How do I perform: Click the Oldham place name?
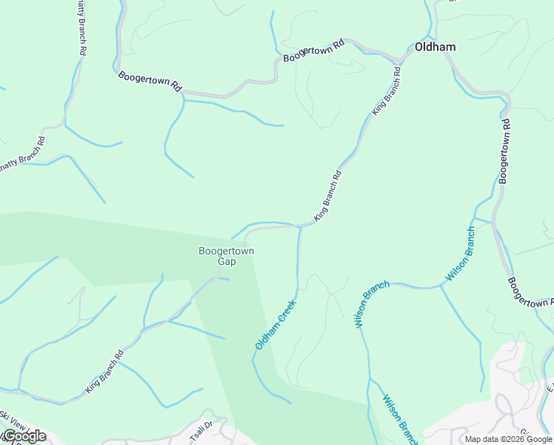pos(435,47)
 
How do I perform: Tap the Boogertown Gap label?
pos(226,256)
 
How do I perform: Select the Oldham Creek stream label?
pos(276,324)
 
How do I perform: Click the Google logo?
pos(24,436)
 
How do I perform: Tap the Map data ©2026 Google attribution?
pos(509,439)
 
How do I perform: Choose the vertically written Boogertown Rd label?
pos(504,151)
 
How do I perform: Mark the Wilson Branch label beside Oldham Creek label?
pos(371,304)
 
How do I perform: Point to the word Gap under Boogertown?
pos(226,261)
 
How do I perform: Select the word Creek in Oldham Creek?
pos(286,311)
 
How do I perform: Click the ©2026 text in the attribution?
pos(504,439)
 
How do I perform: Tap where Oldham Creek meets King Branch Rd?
pos(300,226)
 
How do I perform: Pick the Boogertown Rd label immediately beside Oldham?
pos(314,50)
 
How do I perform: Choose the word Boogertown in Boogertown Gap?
pos(226,251)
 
